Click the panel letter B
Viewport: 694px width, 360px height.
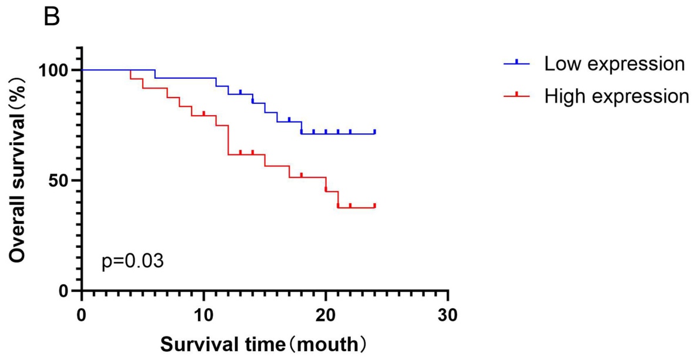[x=52, y=18]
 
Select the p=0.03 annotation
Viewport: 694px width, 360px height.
[x=133, y=260]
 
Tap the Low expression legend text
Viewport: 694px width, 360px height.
[x=614, y=63]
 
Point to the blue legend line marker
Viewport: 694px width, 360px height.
[x=517, y=63]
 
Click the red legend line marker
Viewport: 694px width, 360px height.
[x=517, y=95]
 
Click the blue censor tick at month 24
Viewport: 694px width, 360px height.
[x=374, y=132]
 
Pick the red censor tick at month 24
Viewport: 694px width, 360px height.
[x=374, y=206]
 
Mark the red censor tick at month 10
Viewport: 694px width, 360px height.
[x=203, y=113]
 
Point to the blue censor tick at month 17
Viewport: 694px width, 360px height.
[x=289, y=119]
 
